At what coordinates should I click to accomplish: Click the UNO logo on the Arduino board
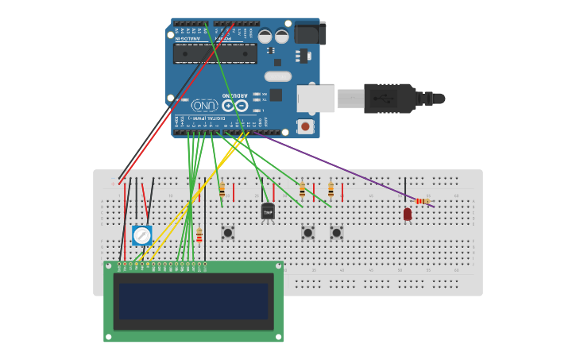(x=205, y=105)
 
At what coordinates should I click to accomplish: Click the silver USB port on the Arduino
(x=315, y=98)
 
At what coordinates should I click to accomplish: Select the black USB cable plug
(x=389, y=99)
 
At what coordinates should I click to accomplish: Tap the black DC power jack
(x=310, y=33)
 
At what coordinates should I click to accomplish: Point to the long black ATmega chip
(x=215, y=53)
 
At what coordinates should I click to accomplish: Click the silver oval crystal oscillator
(x=278, y=76)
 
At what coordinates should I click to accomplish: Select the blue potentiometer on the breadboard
(x=141, y=235)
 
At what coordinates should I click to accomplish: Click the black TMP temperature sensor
(x=268, y=211)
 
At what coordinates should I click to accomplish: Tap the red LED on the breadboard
(x=408, y=214)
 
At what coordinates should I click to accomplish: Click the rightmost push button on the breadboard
(x=336, y=233)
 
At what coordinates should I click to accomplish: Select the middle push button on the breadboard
(x=307, y=233)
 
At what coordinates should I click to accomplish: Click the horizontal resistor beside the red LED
(x=423, y=201)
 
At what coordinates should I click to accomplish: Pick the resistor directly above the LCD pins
(x=199, y=235)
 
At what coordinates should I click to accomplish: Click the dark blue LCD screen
(x=193, y=301)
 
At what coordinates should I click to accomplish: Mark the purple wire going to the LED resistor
(x=334, y=168)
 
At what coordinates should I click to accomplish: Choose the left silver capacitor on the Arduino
(x=265, y=36)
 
